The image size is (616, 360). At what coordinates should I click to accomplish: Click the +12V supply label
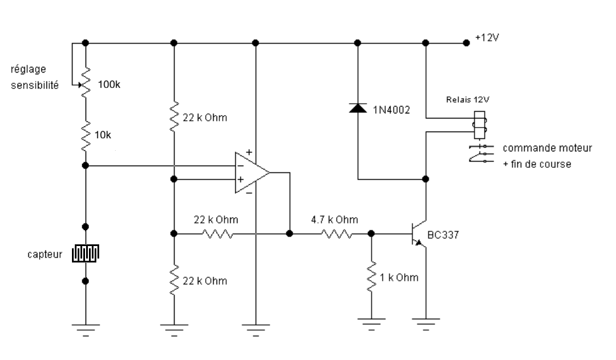pos(487,38)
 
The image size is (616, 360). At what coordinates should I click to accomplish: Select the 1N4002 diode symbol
pos(358,108)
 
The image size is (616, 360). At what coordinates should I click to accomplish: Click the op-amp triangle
pos(252,172)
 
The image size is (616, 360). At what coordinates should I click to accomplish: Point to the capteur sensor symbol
pos(85,253)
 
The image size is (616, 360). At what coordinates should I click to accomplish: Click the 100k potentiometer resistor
pos(86,83)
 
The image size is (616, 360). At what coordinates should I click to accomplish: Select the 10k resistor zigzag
pos(86,136)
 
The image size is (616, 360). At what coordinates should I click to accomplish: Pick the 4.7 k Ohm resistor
pos(337,234)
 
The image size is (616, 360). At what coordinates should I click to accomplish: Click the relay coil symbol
pos(479,125)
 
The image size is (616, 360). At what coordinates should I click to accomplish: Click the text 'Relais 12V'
pos(468,100)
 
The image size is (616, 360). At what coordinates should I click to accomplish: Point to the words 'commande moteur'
pos(547,148)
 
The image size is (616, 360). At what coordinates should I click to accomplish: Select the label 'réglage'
pos(28,70)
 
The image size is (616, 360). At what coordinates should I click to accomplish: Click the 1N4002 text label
pos(391,110)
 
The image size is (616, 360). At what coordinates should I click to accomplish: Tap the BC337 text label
pos(443,235)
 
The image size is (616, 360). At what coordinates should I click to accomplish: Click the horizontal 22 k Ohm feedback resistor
pos(218,234)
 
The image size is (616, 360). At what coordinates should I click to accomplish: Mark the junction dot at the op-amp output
pos(290,234)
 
